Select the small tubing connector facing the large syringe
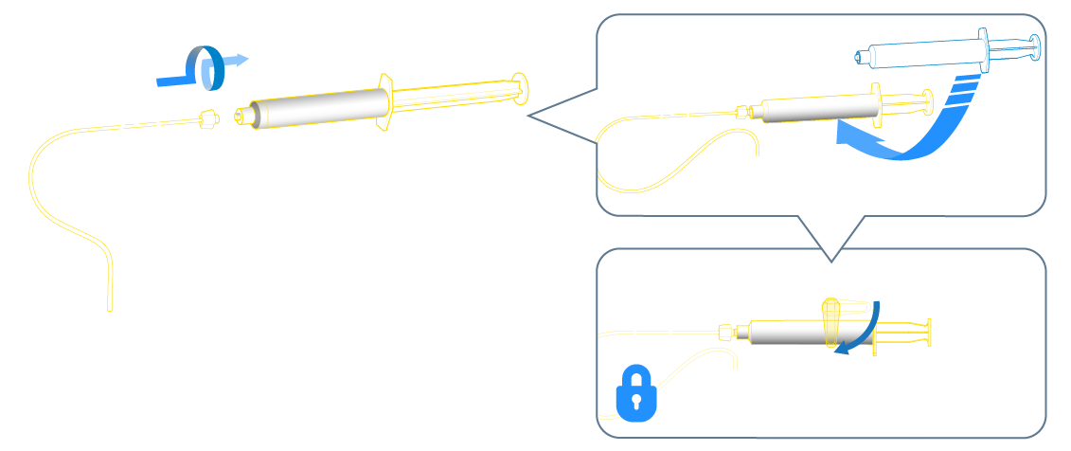click(209, 120)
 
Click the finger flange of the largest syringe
click(384, 102)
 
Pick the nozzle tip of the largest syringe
click(241, 117)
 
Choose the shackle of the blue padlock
click(636, 376)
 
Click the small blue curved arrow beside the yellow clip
click(864, 328)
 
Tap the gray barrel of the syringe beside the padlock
click(786, 333)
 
